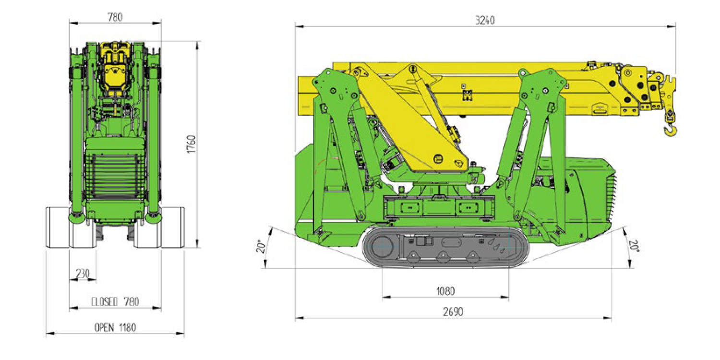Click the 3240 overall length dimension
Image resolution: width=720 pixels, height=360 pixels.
(485, 20)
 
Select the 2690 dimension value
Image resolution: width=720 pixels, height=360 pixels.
(453, 312)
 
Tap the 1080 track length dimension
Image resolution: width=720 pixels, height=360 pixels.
(445, 291)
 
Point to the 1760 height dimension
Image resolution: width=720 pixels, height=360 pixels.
(191, 144)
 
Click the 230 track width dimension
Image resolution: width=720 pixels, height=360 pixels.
(83, 274)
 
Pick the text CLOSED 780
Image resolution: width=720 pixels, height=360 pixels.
(115, 302)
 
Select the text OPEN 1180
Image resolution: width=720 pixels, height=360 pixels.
(115, 327)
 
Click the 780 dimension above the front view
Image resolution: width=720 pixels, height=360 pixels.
(115, 17)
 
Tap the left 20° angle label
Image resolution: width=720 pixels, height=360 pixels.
(261, 246)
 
